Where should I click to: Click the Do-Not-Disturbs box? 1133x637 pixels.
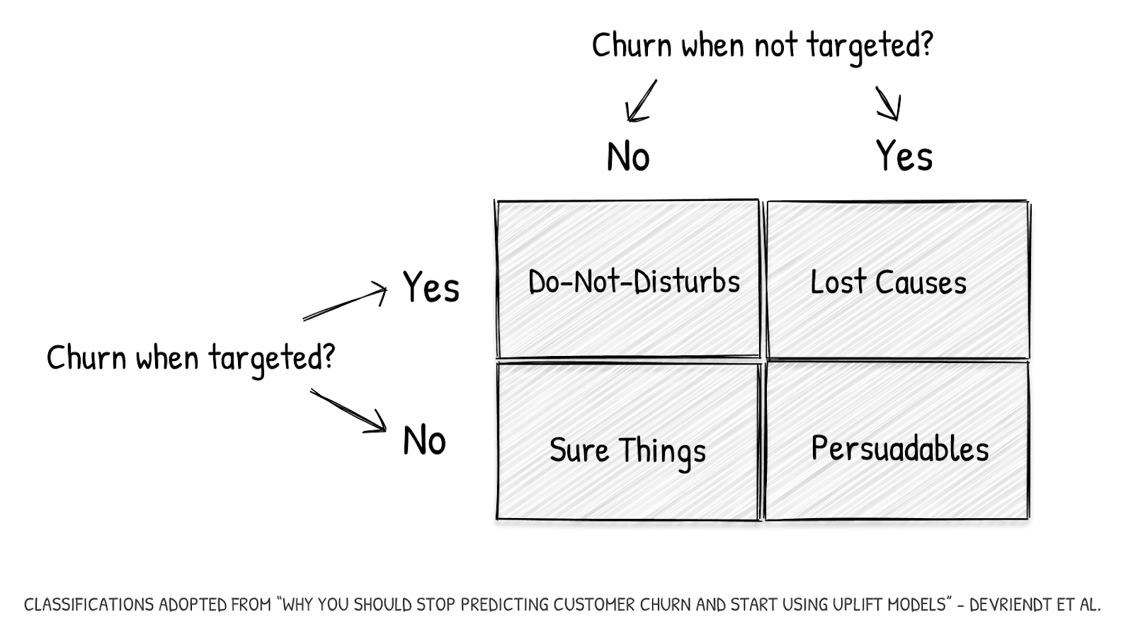(x=628, y=280)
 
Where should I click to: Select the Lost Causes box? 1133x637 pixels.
(x=897, y=280)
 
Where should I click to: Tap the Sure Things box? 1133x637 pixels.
(x=627, y=442)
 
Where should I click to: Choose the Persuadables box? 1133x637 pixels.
(x=897, y=442)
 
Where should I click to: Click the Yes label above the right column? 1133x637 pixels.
(x=904, y=156)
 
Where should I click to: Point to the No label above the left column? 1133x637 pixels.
(x=628, y=157)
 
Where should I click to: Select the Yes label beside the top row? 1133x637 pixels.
(x=431, y=288)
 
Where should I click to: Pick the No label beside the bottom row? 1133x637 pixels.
(x=424, y=441)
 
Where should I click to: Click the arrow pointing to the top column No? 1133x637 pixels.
(x=640, y=101)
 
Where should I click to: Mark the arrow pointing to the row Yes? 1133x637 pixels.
(x=346, y=303)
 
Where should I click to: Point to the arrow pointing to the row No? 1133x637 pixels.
(x=348, y=411)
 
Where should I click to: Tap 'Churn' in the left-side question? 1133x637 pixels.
(x=86, y=357)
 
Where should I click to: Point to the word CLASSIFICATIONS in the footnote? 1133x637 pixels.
(x=89, y=605)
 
